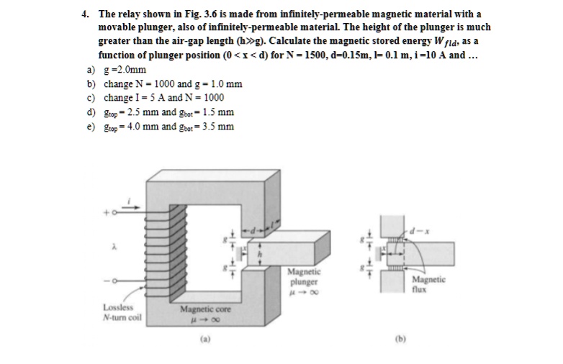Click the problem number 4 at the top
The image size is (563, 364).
tap(84, 14)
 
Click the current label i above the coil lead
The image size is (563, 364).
tap(129, 197)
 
